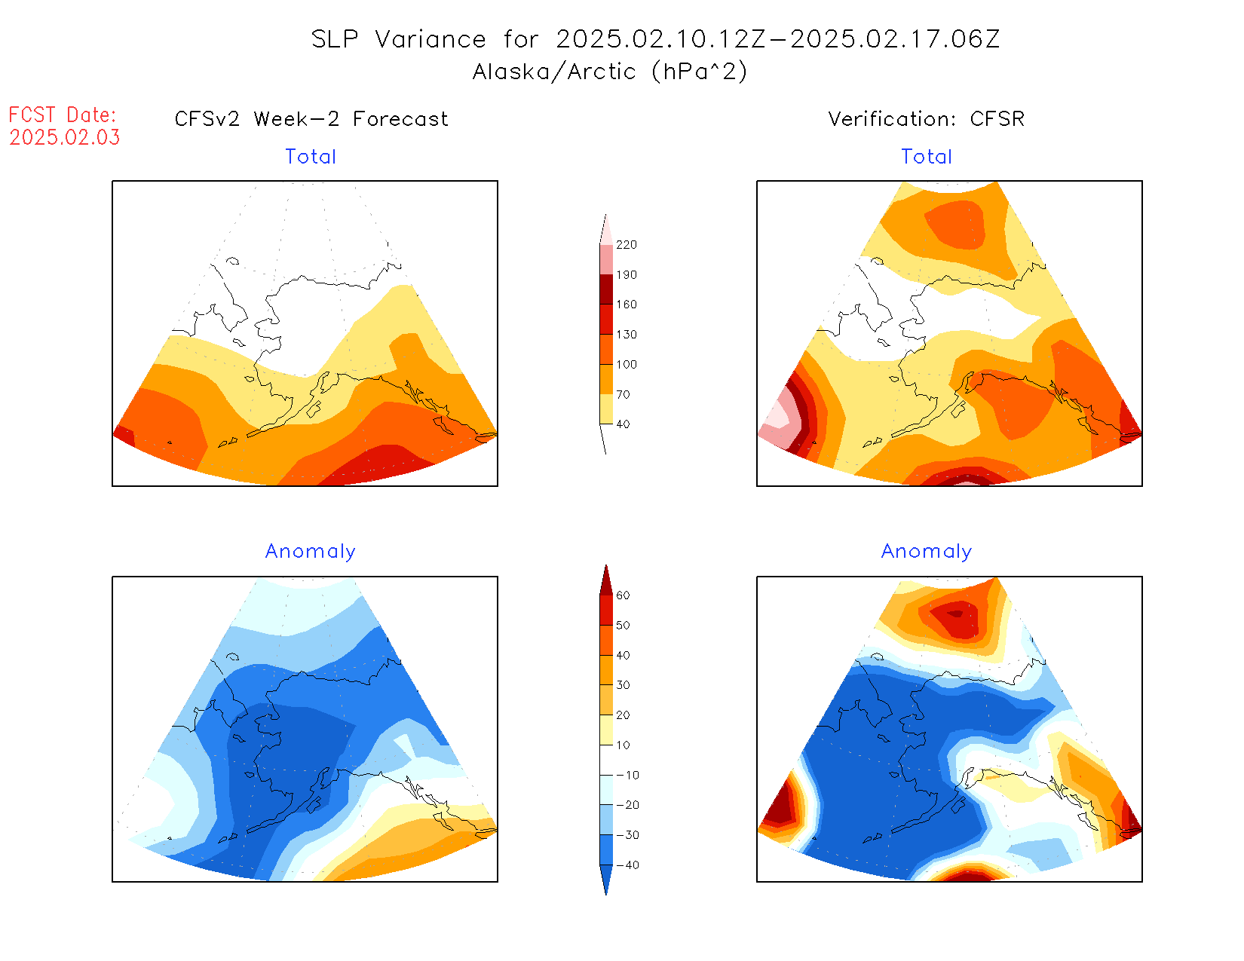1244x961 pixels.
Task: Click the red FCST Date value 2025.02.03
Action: (x=65, y=137)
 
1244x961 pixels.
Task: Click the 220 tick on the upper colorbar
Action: (x=626, y=245)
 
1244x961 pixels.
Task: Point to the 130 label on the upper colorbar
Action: (x=626, y=335)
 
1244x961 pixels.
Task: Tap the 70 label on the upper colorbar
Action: (x=623, y=394)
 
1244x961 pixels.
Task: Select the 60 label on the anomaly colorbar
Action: (x=623, y=595)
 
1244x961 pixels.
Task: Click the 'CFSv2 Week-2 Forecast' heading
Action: (x=311, y=119)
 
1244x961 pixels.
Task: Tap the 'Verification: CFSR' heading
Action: (x=926, y=119)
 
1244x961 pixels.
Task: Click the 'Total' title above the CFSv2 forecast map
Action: (x=311, y=157)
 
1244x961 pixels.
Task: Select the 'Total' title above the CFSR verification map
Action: (x=927, y=157)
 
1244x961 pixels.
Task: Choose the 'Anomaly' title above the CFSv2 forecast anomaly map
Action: (x=311, y=552)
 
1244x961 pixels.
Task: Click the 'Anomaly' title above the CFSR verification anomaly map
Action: (x=927, y=552)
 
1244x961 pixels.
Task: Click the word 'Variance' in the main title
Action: (x=430, y=39)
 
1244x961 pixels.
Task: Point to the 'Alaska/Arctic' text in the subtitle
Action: (x=554, y=72)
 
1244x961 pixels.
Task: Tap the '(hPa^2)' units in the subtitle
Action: (x=700, y=72)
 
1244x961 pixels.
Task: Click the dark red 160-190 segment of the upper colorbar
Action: (x=606, y=289)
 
